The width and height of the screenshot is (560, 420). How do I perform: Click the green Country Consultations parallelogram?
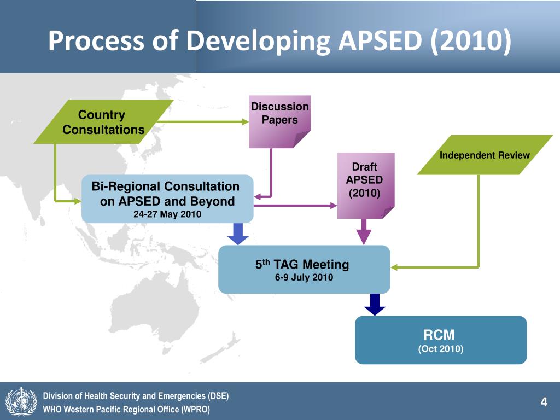tap(103, 122)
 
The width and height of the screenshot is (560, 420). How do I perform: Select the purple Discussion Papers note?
tap(279, 122)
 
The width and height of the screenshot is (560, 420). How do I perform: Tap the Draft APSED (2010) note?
tap(366, 186)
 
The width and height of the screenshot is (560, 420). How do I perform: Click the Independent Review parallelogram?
tap(485, 155)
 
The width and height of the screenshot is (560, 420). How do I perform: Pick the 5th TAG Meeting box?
tap(304, 270)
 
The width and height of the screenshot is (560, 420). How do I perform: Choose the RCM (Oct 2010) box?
tap(441, 340)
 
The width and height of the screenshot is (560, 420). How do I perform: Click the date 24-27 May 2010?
tap(167, 214)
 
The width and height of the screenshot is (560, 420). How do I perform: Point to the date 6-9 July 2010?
tap(304, 277)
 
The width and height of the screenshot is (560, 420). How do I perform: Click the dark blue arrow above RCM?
tap(375, 305)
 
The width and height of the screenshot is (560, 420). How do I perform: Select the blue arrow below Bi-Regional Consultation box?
tap(238, 234)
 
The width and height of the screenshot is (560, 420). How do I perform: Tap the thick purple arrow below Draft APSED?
tap(364, 232)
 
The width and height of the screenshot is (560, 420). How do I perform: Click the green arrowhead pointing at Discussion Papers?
tap(246, 122)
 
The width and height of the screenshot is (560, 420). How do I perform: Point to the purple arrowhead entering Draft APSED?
tap(334, 206)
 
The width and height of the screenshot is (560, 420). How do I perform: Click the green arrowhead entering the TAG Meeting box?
tap(394, 267)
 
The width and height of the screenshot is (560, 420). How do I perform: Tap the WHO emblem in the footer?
tap(21, 401)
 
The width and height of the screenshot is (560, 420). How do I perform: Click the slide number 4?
tap(544, 402)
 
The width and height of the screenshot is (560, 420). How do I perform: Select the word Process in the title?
tap(96, 40)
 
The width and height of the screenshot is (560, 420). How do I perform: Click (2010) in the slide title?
tap(471, 40)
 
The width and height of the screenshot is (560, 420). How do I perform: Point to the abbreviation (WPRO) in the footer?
tap(196, 409)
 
